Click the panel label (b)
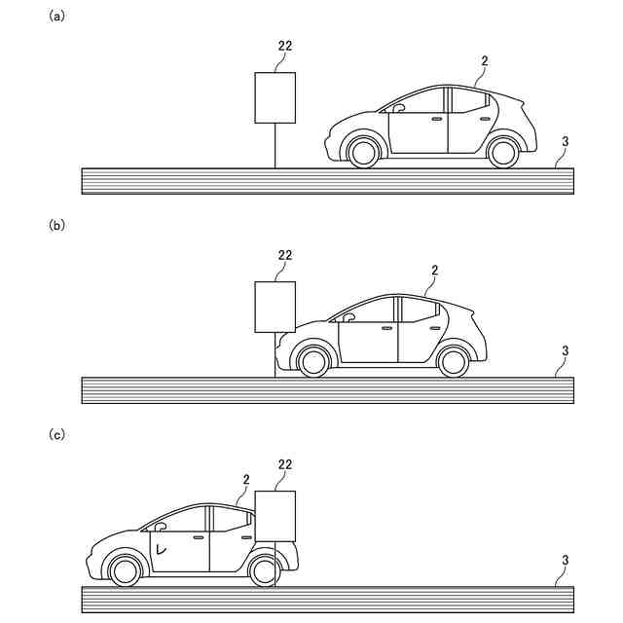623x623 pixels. (55, 225)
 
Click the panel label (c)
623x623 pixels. (55, 434)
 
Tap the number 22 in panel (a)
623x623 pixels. (284, 45)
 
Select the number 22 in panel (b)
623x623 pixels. (284, 255)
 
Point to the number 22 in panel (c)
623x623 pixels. (284, 464)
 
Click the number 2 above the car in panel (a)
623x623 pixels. (484, 60)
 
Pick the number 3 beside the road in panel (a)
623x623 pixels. (566, 141)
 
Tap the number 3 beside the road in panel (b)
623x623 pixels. (566, 350)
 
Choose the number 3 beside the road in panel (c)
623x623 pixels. (566, 560)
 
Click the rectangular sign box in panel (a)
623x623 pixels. (275, 97)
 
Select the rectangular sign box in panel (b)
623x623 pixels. (275, 307)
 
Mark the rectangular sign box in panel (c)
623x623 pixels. (275, 516)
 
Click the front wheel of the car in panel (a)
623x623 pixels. (363, 152)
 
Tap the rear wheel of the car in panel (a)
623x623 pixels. (502, 152)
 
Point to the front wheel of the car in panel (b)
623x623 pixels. (313, 361)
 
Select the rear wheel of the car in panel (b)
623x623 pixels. (453, 361)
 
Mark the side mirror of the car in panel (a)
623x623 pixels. (397, 109)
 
